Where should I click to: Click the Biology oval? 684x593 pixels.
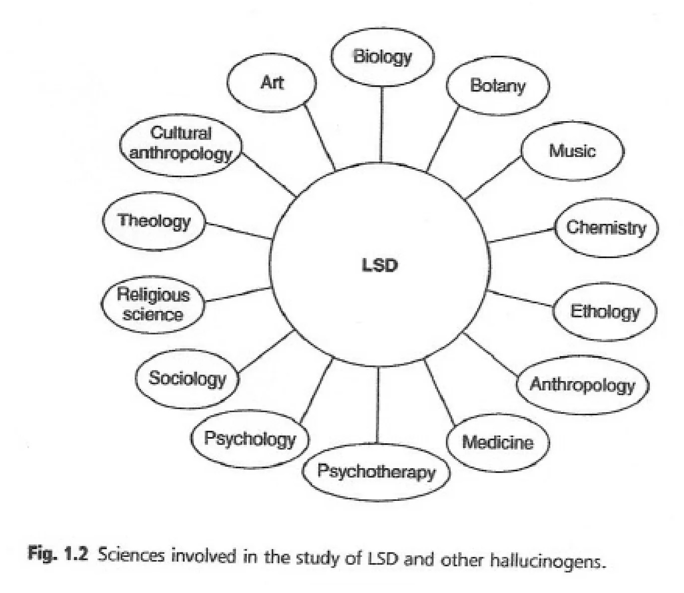pos(382,57)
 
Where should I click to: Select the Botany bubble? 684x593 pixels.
pos(497,86)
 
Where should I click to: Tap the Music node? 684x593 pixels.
pos(572,150)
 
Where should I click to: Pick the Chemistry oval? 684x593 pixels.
pos(606,228)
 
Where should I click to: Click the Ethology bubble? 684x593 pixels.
pos(604,312)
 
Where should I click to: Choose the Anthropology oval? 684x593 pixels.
pos(582,385)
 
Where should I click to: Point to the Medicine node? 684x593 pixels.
pos(497,442)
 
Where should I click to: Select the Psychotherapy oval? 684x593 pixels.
pos(376,471)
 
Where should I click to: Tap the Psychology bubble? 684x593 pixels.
pos(249,439)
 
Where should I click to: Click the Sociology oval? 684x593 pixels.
pos(187,378)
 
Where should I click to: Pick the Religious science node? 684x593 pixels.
pos(153,305)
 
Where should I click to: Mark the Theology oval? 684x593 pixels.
pos(154,221)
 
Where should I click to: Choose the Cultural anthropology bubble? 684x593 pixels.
pos(181,144)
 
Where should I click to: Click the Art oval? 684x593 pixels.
pos(271,83)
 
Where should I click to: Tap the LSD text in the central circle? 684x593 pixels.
pos(380,265)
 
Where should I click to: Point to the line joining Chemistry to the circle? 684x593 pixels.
pos(522,236)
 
